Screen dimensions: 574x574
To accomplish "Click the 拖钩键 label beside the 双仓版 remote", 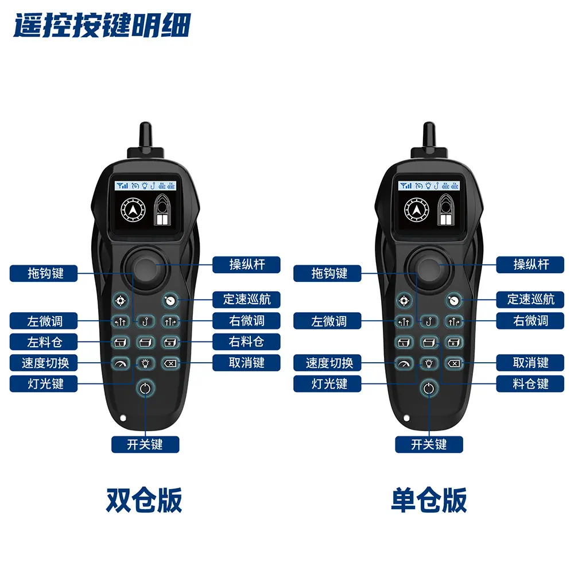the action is click(44, 273).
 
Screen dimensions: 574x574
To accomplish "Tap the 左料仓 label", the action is click(44, 342).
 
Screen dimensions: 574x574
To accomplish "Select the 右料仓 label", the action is click(246, 342).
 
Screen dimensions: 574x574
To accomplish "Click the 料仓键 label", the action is click(530, 383).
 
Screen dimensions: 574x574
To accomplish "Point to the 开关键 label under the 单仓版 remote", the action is click(429, 444).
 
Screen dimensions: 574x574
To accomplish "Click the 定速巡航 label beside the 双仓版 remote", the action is click(246, 300).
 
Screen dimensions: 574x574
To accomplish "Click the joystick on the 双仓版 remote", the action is click(146, 269).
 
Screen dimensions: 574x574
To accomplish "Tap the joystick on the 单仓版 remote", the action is click(429, 269).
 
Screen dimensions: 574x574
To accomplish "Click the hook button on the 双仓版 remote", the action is click(146, 321).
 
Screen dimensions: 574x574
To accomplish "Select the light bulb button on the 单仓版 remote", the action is click(429, 363).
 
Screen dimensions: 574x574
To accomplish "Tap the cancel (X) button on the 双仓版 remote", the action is click(170, 363).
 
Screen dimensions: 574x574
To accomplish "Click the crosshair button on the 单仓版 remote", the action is click(404, 301).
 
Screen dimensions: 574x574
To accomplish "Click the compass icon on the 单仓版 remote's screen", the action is click(417, 210).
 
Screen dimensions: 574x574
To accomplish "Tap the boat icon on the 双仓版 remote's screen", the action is click(162, 210).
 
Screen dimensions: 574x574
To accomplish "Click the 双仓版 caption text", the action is click(144, 500).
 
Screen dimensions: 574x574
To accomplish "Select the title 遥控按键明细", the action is click(102, 26).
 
